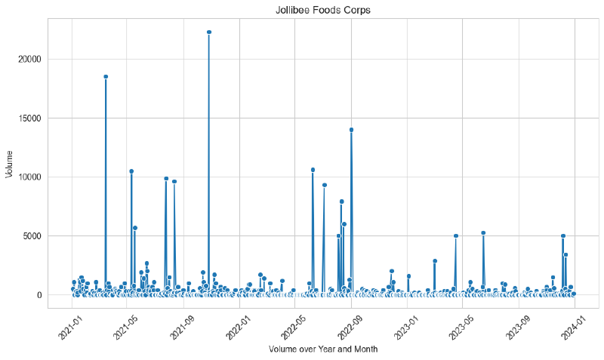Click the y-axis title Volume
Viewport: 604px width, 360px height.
click(x=10, y=164)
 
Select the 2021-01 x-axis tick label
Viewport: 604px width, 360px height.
click(x=70, y=326)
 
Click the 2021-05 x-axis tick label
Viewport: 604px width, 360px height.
click(x=126, y=326)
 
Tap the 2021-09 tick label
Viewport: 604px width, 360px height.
click(x=183, y=326)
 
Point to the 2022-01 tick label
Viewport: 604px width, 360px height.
click(x=239, y=326)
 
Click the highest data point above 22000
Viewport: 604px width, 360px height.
click(x=209, y=32)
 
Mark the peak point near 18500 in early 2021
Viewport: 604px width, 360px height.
click(x=106, y=76)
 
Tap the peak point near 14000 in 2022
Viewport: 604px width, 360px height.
click(x=351, y=130)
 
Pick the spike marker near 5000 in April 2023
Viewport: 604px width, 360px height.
click(x=456, y=235)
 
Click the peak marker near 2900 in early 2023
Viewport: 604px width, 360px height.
click(x=435, y=260)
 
